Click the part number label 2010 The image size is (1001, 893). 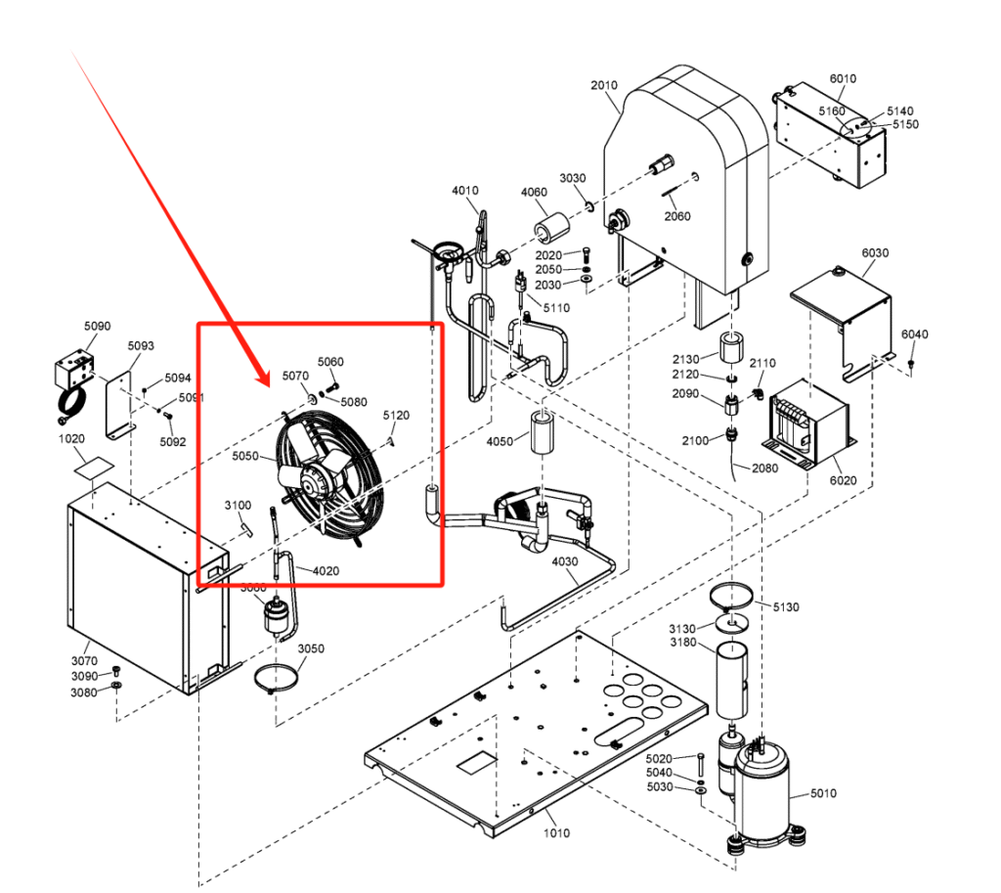coord(604,85)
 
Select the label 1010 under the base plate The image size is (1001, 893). coord(556,833)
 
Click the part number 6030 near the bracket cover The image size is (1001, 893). coord(875,252)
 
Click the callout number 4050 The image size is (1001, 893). coord(500,443)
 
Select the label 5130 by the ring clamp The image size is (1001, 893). coord(785,607)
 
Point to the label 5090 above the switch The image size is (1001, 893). coord(97,326)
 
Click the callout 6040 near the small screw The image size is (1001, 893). coord(914,335)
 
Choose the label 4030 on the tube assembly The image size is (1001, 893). coord(566,561)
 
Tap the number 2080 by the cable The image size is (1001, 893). coord(764,469)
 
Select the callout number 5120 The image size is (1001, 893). coord(396,416)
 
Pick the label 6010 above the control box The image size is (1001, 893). coord(842,79)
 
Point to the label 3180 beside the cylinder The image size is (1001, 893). coord(683,642)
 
